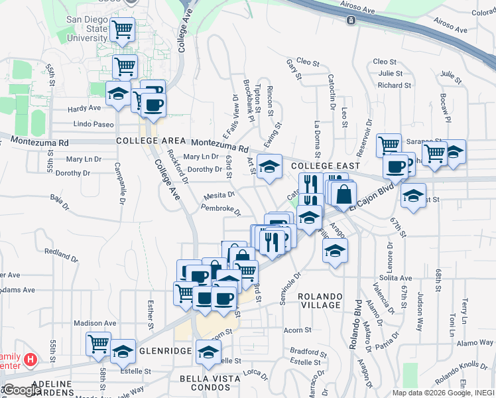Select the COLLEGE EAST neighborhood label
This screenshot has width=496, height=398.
click(x=325, y=166)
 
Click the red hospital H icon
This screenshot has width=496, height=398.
click(x=30, y=360)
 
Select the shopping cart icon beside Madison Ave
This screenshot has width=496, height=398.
click(x=99, y=343)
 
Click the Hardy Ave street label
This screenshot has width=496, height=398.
click(x=85, y=108)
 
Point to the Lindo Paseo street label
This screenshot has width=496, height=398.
click(x=94, y=124)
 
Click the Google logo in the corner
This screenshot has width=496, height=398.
click(x=22, y=390)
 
